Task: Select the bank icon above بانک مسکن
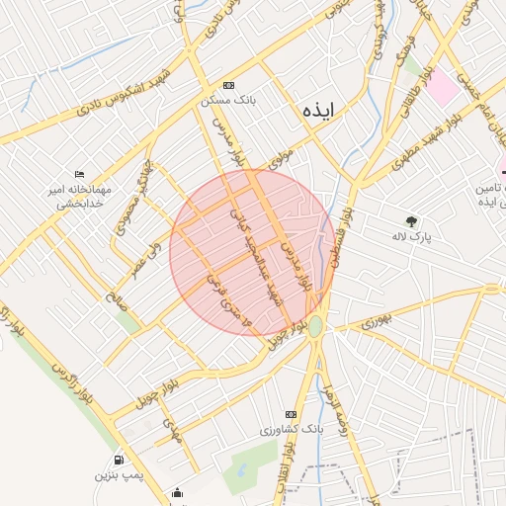[x=229, y=85]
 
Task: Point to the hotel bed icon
[x=79, y=174]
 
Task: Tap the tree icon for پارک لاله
[x=412, y=221]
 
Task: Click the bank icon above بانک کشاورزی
[x=291, y=414]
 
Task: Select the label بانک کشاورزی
[x=292, y=430]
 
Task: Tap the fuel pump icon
[x=119, y=460]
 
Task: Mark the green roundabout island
[x=315, y=325]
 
